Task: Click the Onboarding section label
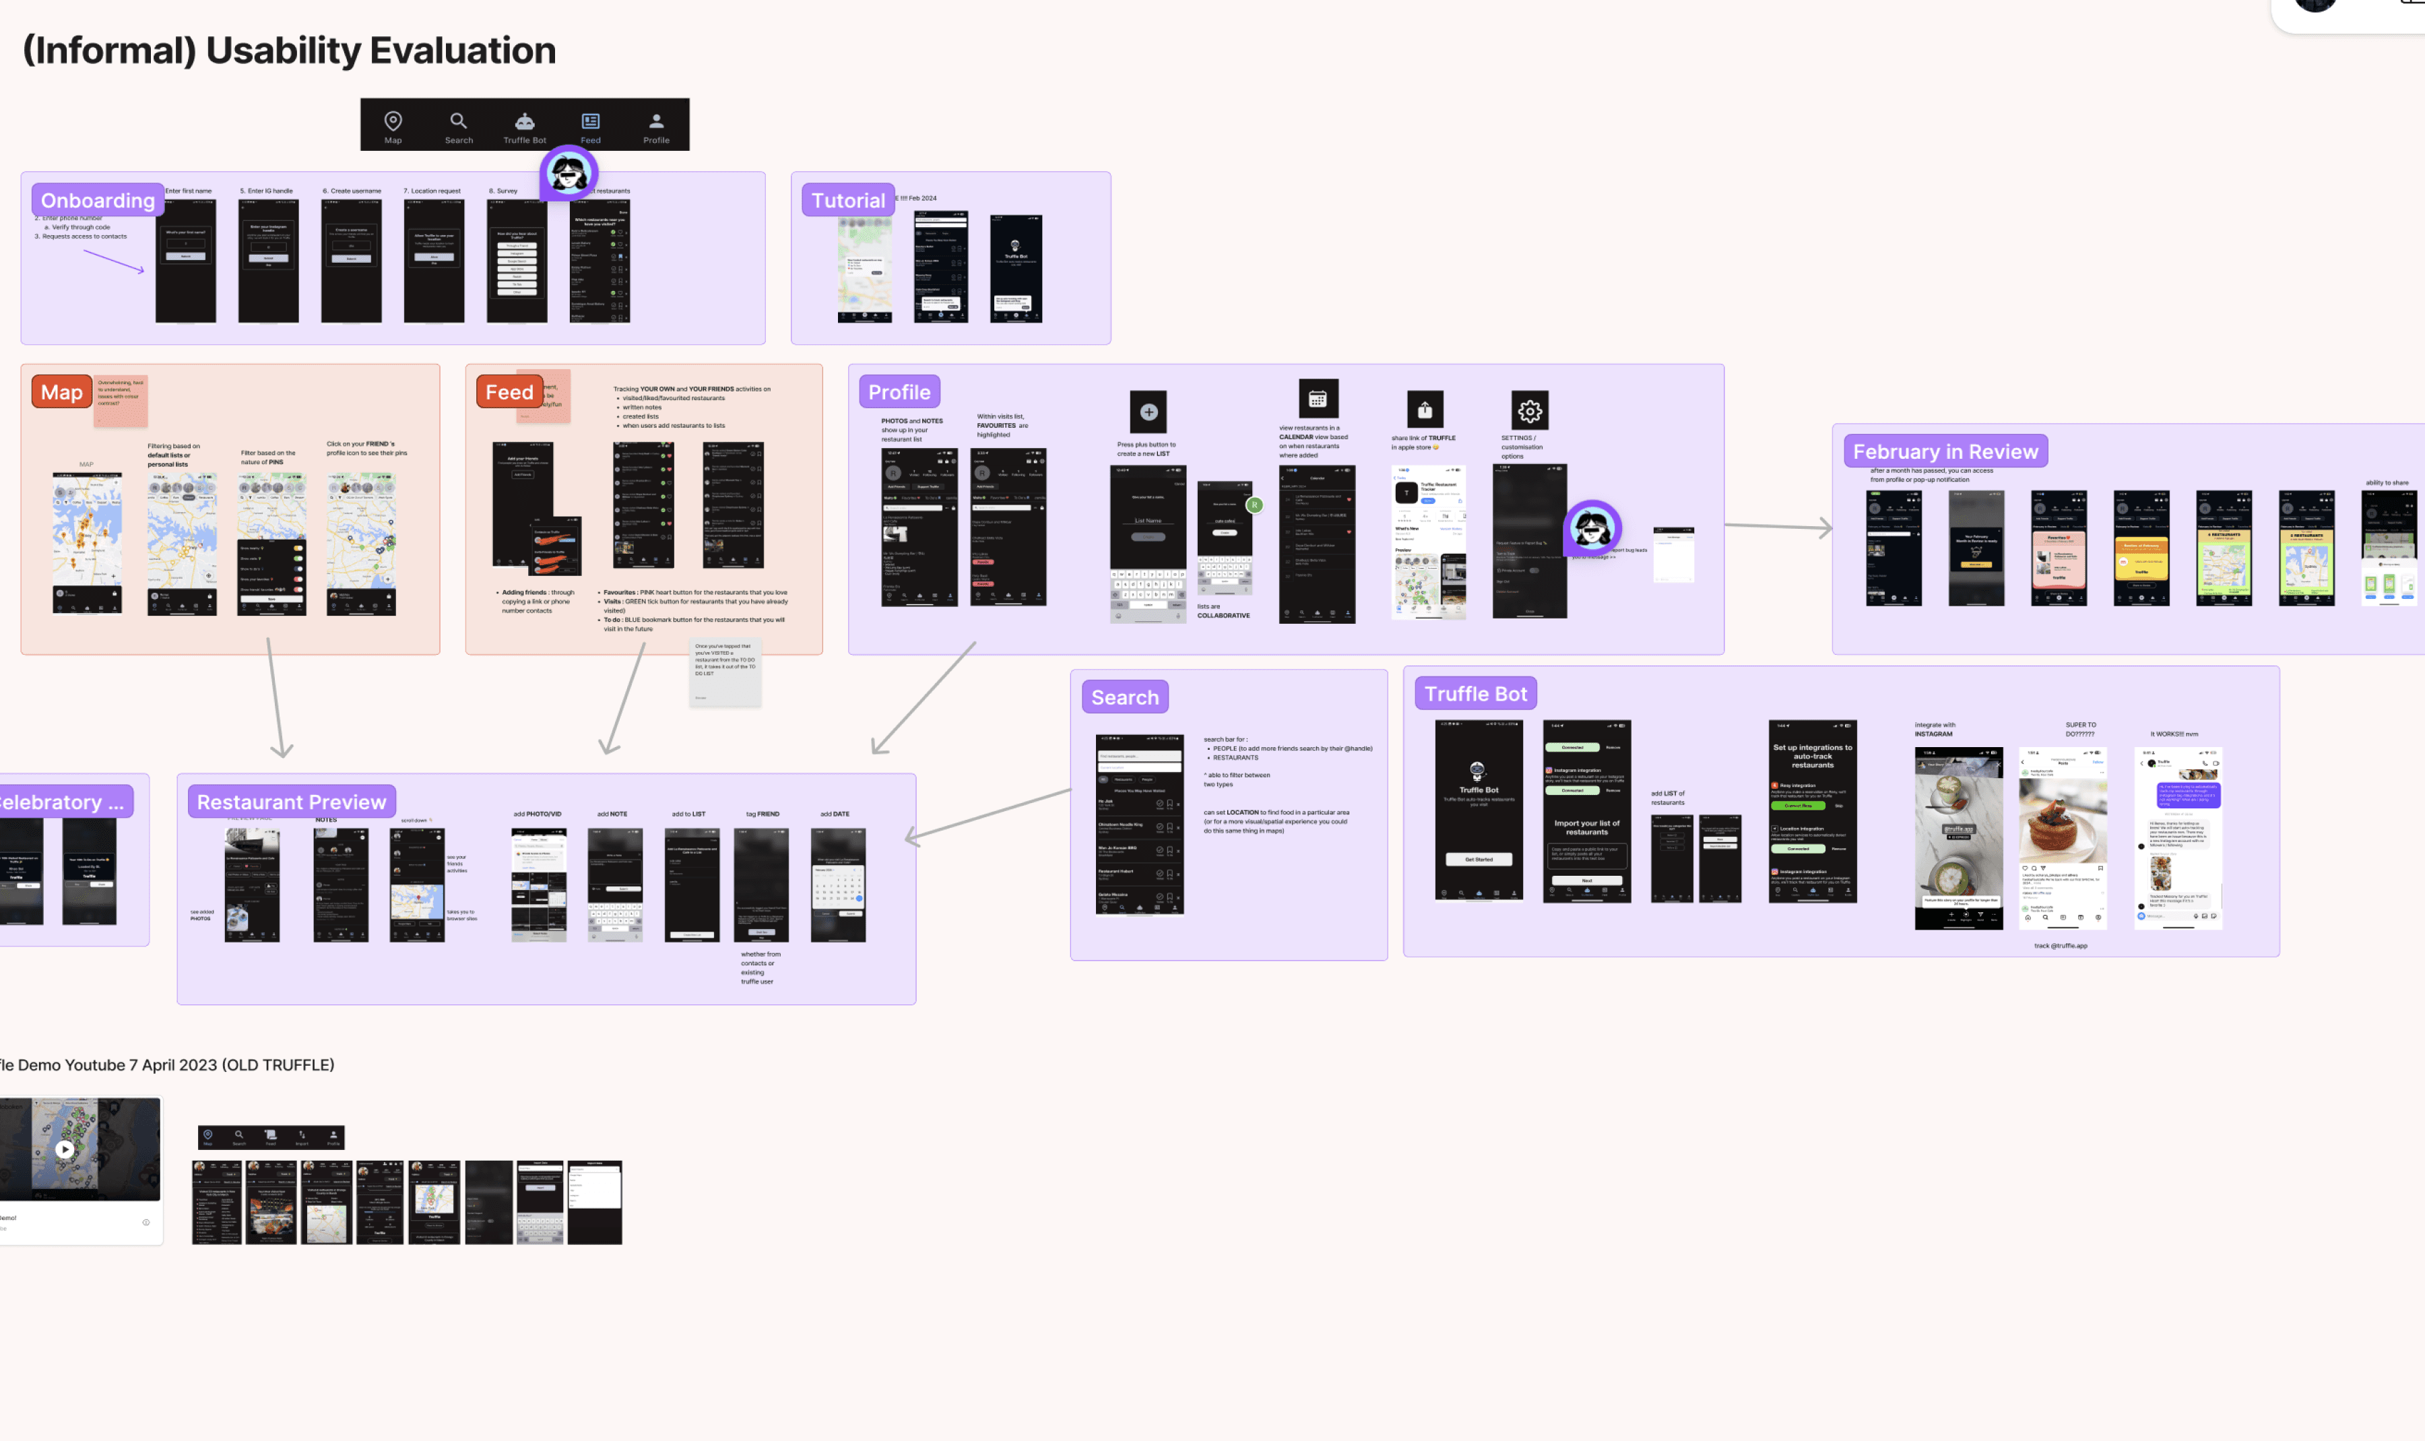pos(97,200)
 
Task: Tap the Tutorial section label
pos(847,200)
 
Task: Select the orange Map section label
pos(61,392)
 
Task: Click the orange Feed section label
pos(509,392)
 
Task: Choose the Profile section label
pos(899,392)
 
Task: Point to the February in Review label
pos(1945,451)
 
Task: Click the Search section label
pos(1124,697)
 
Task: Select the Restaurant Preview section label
pos(291,802)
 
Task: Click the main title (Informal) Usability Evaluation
pos(289,51)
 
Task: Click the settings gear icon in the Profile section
pos(1529,411)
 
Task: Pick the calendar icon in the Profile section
pos(1318,398)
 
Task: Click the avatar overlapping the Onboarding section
pos(568,173)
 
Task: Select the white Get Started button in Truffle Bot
pos(1479,860)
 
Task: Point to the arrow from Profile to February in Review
pos(1776,526)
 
